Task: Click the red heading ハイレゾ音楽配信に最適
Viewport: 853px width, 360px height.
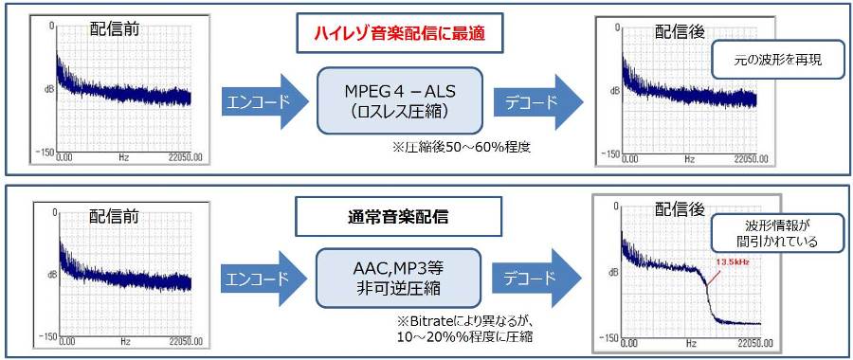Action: pyautogui.click(x=399, y=35)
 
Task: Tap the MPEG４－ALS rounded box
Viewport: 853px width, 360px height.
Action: pyautogui.click(x=399, y=100)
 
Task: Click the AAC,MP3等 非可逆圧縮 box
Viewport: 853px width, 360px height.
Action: pyautogui.click(x=399, y=278)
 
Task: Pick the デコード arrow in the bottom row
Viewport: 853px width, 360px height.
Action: pyautogui.click(x=537, y=279)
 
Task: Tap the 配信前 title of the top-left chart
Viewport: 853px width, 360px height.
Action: pyautogui.click(x=115, y=28)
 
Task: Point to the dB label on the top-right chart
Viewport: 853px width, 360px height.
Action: pyautogui.click(x=615, y=90)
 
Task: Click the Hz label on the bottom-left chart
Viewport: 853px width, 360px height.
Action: pyautogui.click(x=125, y=343)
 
